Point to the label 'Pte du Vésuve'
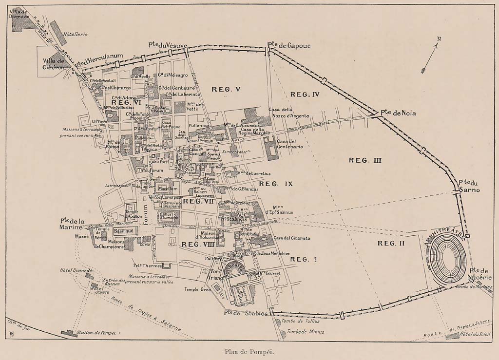tap(168, 45)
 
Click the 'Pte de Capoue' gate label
tap(288, 45)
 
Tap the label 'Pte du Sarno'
tap(469, 186)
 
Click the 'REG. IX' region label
tap(275, 184)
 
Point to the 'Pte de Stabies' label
tap(246, 313)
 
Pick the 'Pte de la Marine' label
tap(73, 224)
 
